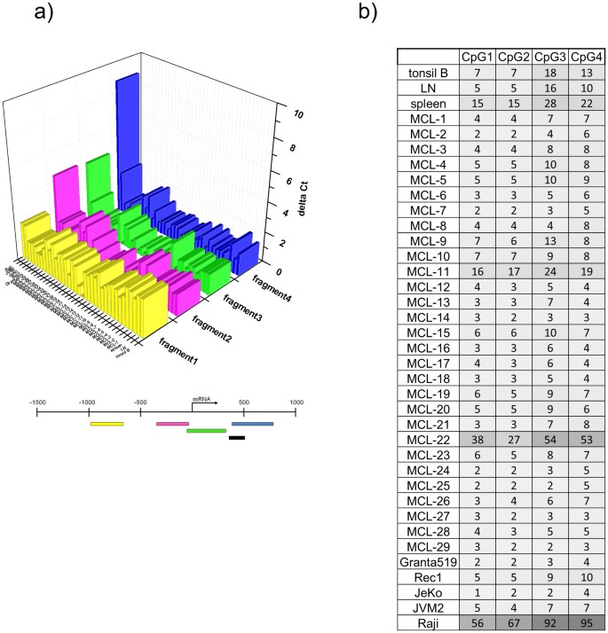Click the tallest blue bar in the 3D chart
tap(128, 133)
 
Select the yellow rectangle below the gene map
tap(107, 424)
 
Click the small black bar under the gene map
tap(237, 437)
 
